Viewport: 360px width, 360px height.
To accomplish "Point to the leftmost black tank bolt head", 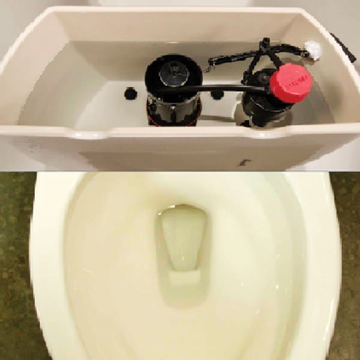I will click(130, 93).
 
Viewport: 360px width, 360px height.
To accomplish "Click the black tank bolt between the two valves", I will click(217, 94).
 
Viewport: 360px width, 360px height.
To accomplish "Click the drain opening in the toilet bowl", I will click(183, 237).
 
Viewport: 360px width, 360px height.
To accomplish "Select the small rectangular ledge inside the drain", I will click(184, 277).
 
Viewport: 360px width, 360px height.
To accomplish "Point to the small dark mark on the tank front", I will click(244, 162).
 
